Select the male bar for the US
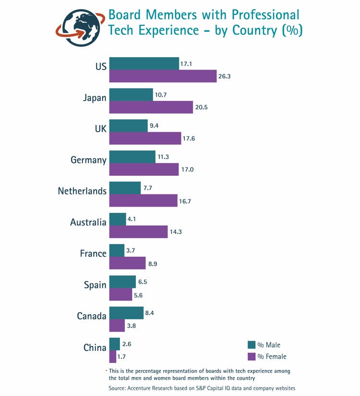click(144, 63)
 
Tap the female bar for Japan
click(151, 107)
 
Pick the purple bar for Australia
click(138, 232)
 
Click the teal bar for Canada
click(126, 313)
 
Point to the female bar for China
click(113, 357)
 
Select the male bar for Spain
click(122, 282)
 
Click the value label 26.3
click(224, 76)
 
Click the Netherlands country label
click(82, 191)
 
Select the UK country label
click(100, 129)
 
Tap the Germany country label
click(88, 160)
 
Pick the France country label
click(93, 253)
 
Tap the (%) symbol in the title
click(292, 31)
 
